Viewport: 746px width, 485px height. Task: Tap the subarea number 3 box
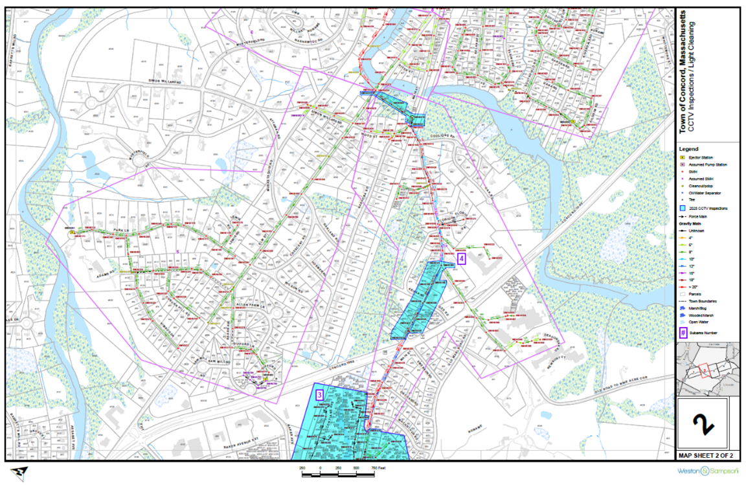click(319, 394)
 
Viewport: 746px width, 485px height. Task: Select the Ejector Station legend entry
click(702, 157)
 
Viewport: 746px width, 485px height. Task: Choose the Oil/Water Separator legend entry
click(705, 193)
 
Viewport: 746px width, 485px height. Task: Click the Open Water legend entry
click(701, 322)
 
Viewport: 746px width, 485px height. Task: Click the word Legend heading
click(688, 149)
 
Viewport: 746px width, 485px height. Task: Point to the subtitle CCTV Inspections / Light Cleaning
click(692, 76)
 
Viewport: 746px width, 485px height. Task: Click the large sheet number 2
click(703, 423)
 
